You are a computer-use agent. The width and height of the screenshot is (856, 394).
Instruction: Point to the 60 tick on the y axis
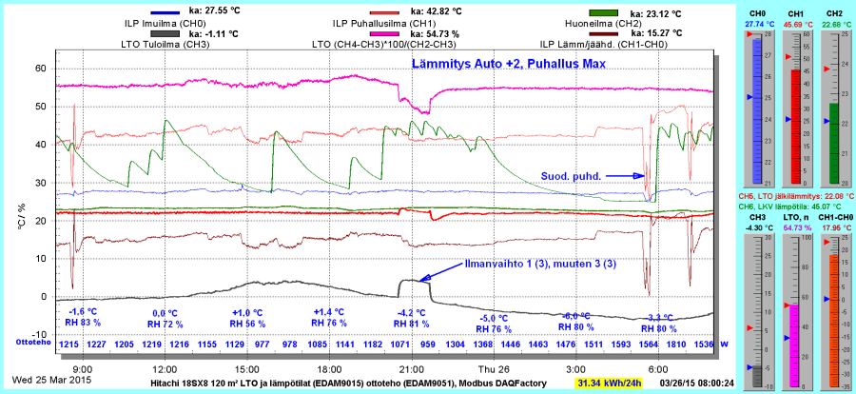point(41,69)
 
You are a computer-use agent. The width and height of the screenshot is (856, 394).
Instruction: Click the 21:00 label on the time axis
point(411,368)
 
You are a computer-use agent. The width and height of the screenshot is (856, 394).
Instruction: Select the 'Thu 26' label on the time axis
point(492,368)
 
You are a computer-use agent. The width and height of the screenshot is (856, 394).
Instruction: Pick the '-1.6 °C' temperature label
point(84,312)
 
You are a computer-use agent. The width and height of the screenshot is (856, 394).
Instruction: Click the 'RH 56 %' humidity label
point(247,324)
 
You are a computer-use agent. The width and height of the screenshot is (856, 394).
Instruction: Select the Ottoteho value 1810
point(677,343)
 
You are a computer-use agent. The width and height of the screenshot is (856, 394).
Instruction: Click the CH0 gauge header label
point(758,13)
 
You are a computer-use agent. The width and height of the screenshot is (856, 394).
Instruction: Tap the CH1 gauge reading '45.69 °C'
point(796,24)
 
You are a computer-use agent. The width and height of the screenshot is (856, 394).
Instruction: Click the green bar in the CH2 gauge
point(834,143)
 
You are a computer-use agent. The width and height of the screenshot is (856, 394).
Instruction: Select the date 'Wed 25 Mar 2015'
point(46,383)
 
